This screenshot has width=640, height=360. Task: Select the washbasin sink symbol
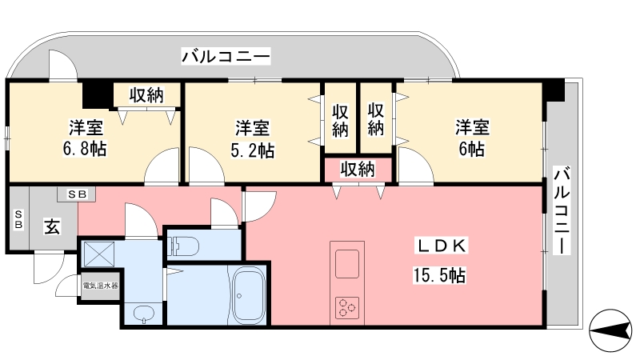tap(144, 313)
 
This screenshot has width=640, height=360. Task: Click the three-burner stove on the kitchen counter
tap(347, 308)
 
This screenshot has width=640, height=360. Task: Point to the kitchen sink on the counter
tap(347, 264)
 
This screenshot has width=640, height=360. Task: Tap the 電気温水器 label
tap(101, 286)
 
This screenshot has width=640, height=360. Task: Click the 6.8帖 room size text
tap(85, 149)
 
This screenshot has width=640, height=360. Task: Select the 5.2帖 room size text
tap(253, 150)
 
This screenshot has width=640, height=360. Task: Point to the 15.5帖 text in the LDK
tap(439, 275)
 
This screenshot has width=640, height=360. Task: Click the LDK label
tap(441, 246)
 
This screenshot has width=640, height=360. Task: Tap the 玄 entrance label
tap(52, 226)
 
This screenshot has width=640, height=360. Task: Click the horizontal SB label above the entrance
tap(77, 194)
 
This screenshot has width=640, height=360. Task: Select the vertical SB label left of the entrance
tap(18, 219)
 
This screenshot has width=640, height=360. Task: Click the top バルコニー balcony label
tap(226, 56)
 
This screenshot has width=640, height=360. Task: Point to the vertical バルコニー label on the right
tap(562, 210)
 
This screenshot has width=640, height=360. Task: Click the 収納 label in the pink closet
tap(358, 169)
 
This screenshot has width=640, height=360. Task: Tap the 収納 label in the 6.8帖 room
tap(146, 95)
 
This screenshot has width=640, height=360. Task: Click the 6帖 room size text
tap(472, 149)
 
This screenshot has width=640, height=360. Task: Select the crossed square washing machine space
tap(98, 254)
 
